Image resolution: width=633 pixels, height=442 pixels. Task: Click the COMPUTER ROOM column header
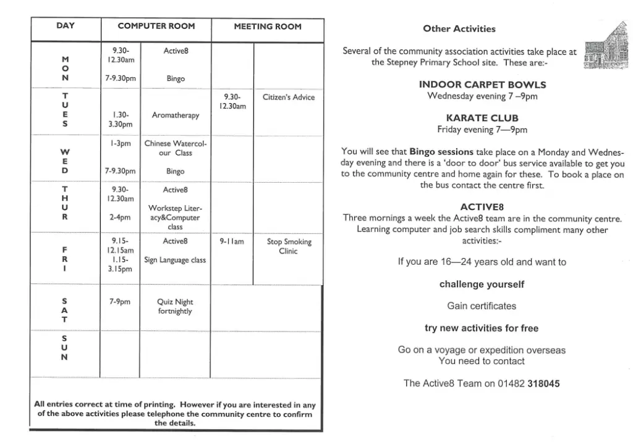tap(156, 27)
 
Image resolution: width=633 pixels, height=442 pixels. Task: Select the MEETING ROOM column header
tap(268, 27)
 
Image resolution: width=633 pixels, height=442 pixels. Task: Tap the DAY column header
tap(66, 26)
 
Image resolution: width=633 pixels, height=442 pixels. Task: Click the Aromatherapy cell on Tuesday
tap(176, 115)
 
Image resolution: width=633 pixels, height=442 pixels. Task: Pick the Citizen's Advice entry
tap(289, 97)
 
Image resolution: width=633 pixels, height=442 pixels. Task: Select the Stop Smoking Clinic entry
tap(289, 246)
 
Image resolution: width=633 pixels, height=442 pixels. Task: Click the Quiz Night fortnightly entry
tap(175, 306)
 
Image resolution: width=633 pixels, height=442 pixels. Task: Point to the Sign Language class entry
tap(175, 260)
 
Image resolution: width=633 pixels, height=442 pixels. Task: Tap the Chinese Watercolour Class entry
tap(176, 148)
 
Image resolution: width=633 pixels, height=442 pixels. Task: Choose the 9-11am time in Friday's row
tap(232, 242)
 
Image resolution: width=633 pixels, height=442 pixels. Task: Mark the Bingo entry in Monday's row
tap(176, 79)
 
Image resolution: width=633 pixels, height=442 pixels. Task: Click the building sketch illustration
tap(600, 46)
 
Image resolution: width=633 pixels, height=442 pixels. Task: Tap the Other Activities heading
tap(459, 29)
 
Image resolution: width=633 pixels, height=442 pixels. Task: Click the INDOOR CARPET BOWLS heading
tap(482, 85)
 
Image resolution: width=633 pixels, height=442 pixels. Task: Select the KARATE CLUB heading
tap(482, 118)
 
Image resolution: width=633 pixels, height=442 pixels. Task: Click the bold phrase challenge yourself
tap(482, 285)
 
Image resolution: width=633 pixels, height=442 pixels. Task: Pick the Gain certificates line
tap(482, 306)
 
